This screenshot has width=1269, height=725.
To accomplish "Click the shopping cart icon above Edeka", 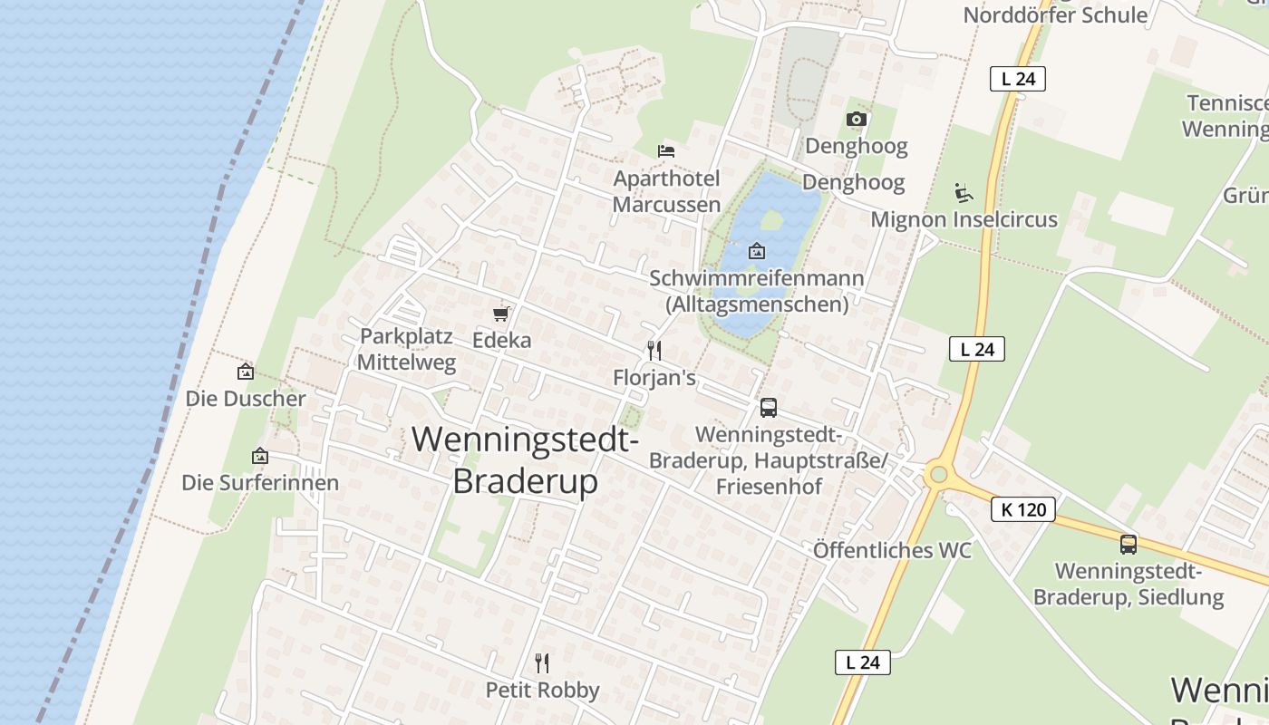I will (501, 314).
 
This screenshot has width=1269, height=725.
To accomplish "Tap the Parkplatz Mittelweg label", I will (406, 349).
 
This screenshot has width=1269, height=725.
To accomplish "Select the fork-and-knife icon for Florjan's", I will (654, 350).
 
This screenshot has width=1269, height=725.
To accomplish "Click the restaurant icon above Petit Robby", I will (542, 663).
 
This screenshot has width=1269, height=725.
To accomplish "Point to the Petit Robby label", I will (542, 691).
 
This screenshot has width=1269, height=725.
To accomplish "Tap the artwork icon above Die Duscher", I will (245, 372).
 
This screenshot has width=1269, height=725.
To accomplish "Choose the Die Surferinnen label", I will (260, 482).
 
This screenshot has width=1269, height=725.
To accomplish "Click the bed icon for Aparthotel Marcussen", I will (666, 150).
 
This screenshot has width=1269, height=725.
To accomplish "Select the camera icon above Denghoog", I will (856, 119).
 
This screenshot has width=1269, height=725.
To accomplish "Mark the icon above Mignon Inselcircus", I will (964, 192).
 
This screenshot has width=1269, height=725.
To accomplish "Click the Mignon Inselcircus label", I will (964, 219).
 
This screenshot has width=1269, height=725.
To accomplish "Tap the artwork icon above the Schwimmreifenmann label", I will (757, 251).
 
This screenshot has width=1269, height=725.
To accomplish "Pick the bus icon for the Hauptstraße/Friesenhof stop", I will (768, 408).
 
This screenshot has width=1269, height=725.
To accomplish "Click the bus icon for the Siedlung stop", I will (1128, 545).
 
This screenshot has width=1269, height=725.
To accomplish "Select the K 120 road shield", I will (1023, 509).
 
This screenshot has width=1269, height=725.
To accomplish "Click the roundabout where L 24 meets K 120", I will (937, 474).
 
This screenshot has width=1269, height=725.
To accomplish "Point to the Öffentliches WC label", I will (892, 550).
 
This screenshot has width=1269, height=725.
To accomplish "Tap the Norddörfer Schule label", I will (1055, 14).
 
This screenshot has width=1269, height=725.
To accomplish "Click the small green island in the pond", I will (771, 220).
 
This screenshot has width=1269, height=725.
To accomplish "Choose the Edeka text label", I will (501, 341).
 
